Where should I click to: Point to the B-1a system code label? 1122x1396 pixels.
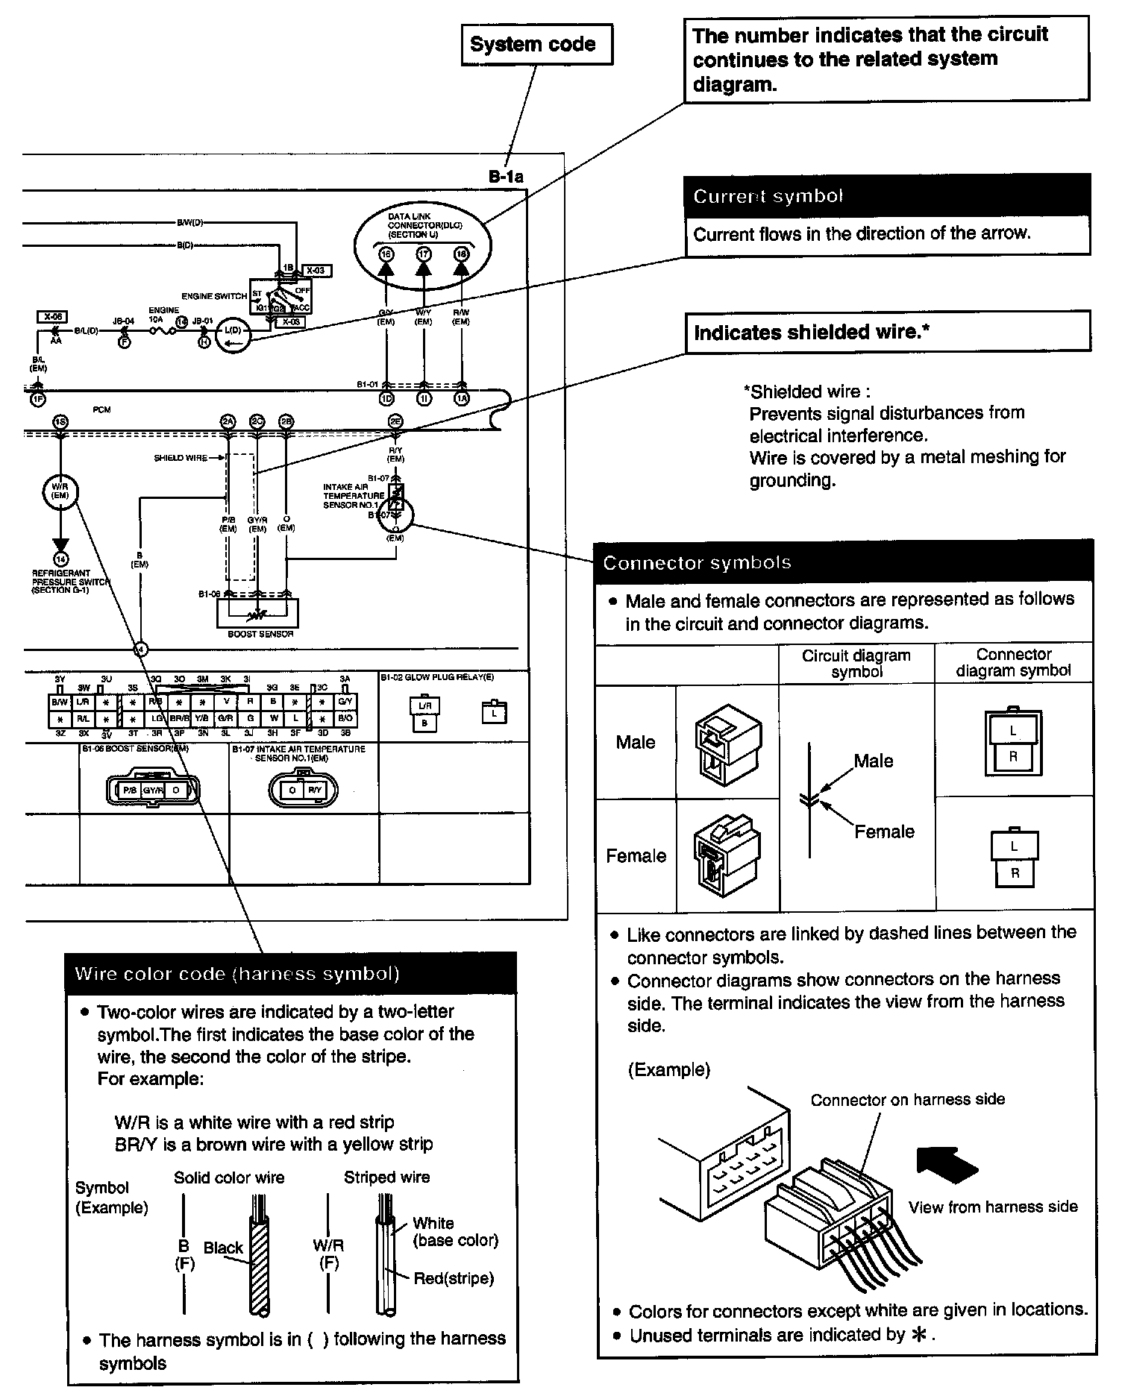pyautogui.click(x=506, y=177)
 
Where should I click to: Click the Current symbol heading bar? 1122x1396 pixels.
pyautogui.click(x=886, y=196)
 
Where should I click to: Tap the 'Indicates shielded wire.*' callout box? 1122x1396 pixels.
pyautogui.click(x=886, y=332)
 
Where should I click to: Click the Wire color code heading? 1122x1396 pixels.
pyautogui.click(x=291, y=974)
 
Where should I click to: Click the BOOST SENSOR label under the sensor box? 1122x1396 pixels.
pyautogui.click(x=260, y=635)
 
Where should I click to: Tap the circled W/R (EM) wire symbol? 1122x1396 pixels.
pyautogui.click(x=60, y=491)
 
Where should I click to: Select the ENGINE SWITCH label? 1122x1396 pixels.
pyautogui.click(x=213, y=296)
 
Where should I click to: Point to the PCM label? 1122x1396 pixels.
pyautogui.click(x=102, y=410)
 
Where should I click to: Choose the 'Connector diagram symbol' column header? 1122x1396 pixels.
pyautogui.click(x=1013, y=662)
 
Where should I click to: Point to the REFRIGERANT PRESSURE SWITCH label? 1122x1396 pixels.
pyautogui.click(x=69, y=582)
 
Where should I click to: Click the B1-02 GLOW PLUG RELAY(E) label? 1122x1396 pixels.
pyautogui.click(x=436, y=678)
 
